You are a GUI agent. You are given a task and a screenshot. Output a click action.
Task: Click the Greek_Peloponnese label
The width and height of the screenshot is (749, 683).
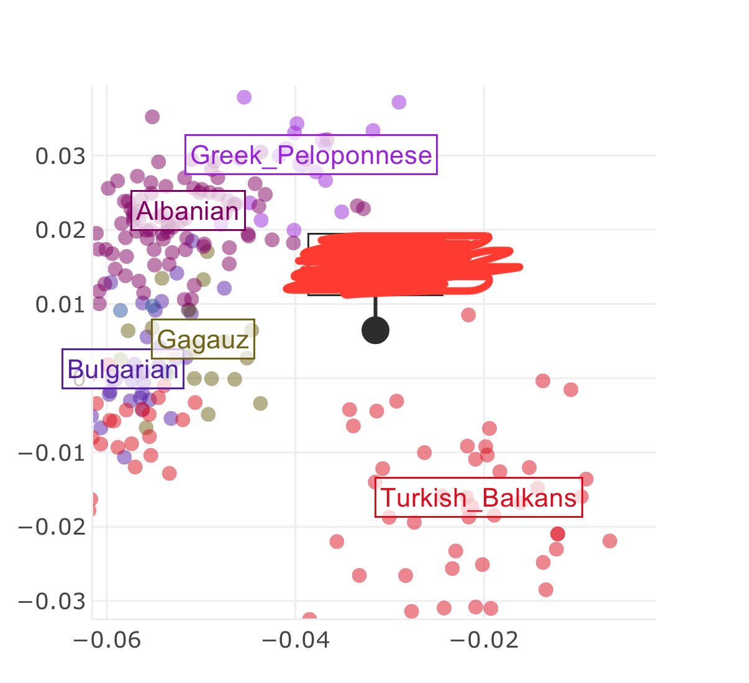[311, 155]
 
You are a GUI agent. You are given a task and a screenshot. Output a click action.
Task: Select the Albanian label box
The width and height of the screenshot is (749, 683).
[188, 211]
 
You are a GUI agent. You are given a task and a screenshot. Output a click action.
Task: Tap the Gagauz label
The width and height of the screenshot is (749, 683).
[203, 340]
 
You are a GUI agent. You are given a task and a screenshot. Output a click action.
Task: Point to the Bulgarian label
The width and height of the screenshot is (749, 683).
[123, 369]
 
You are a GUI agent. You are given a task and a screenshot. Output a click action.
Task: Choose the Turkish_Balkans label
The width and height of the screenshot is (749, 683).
[478, 497]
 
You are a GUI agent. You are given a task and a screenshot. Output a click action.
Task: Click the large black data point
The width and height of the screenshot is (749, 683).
[375, 330]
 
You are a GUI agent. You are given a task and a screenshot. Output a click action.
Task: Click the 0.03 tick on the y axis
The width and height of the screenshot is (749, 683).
[60, 155]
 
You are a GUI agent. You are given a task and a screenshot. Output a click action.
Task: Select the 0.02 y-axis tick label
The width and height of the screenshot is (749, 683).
[60, 230]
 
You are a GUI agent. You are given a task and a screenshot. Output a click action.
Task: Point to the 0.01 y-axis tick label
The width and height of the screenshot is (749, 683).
[60, 304]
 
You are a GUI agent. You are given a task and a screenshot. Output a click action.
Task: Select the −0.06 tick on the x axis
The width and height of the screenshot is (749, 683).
[106, 640]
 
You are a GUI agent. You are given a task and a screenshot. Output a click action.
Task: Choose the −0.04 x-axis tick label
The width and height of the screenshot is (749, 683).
[295, 640]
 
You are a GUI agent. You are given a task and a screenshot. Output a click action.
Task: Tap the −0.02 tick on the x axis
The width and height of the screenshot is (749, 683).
[484, 640]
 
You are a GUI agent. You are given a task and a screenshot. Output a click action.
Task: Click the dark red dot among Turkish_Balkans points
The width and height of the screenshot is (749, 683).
[558, 534]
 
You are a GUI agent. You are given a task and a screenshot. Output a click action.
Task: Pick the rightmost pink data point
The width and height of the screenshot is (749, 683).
[610, 541]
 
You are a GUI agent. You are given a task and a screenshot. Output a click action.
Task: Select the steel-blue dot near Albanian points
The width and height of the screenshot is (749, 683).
[120, 310]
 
